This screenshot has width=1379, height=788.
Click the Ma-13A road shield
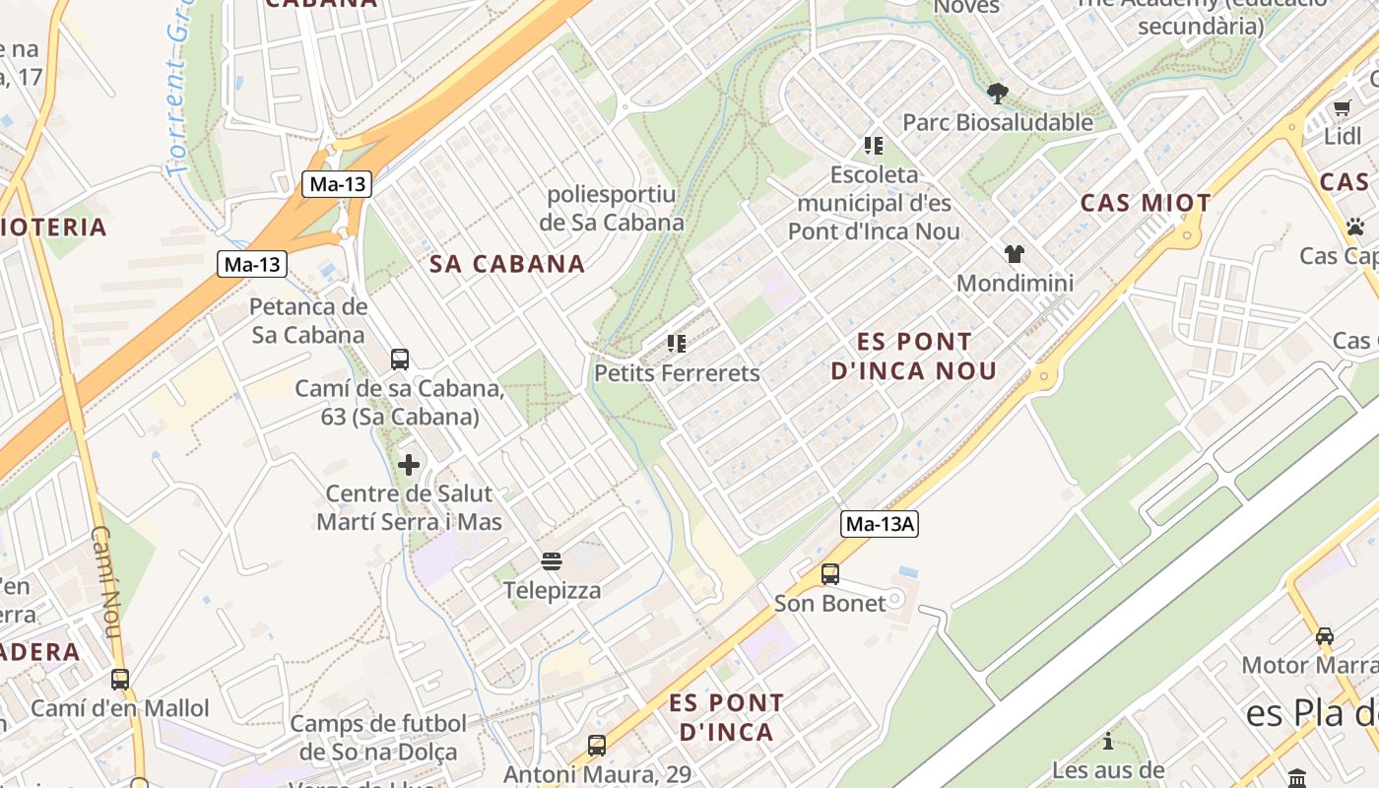pos(880,524)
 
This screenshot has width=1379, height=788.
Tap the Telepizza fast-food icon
pos(552,562)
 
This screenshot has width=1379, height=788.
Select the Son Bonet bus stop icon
pos(830,573)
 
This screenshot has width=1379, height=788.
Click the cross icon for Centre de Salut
pos(409,465)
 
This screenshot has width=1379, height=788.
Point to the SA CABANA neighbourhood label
pos(507,264)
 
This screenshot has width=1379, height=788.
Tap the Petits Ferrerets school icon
pos(676,344)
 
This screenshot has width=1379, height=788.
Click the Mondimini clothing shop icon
pos(1015,254)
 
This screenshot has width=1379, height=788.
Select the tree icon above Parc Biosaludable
pos(997,94)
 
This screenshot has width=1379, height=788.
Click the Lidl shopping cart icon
pos(1342,107)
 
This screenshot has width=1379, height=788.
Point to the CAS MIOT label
pos(1146,204)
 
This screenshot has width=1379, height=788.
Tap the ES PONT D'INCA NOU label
pos(914,357)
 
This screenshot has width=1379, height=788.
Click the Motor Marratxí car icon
pos(1325,636)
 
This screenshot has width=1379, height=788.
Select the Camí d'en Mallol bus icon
pos(120,679)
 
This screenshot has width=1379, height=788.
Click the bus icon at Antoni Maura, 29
pos(597,746)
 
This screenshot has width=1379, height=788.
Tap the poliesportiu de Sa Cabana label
pos(612,208)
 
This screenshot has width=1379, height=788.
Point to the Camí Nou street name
pos(105,581)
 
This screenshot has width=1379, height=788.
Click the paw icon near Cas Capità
pos(1355,227)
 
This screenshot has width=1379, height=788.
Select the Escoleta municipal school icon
pos(873,146)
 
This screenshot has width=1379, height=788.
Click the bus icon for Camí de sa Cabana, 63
pos(400,360)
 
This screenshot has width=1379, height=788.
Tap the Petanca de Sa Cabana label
pos(308,320)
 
